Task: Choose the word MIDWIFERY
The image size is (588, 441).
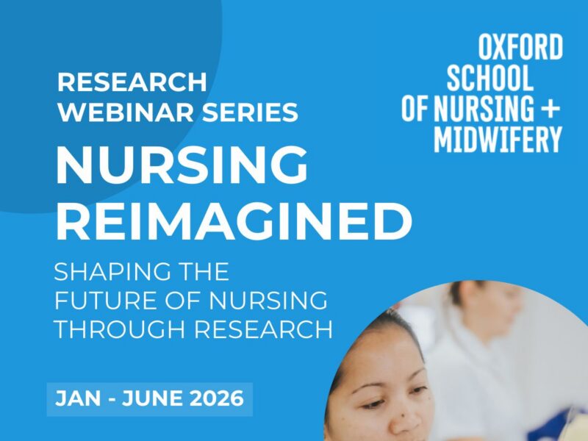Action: pyautogui.click(x=498, y=138)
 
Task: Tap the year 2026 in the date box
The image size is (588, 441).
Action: pyautogui.click(x=213, y=399)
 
